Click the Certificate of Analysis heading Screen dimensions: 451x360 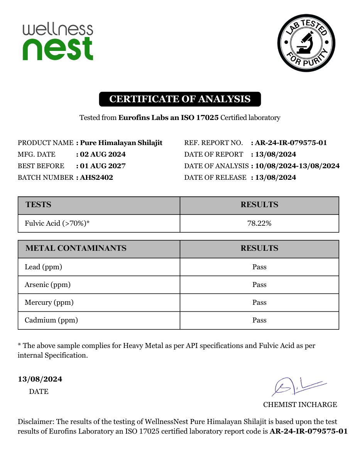click(x=180, y=99)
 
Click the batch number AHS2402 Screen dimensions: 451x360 click(x=96, y=177)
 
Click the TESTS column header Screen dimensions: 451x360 click(x=38, y=205)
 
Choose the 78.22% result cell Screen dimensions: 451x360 click(x=259, y=223)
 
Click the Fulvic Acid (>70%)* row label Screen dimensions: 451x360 click(x=57, y=223)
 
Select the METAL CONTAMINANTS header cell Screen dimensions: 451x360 click(x=76, y=248)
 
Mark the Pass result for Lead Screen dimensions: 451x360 click(x=259, y=267)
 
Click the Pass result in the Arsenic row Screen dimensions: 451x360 click(x=259, y=285)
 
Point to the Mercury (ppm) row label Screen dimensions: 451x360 click(x=49, y=302)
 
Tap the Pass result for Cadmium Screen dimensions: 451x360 click(x=259, y=320)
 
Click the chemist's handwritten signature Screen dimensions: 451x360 click(x=297, y=386)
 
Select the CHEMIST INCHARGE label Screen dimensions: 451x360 click(x=300, y=405)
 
